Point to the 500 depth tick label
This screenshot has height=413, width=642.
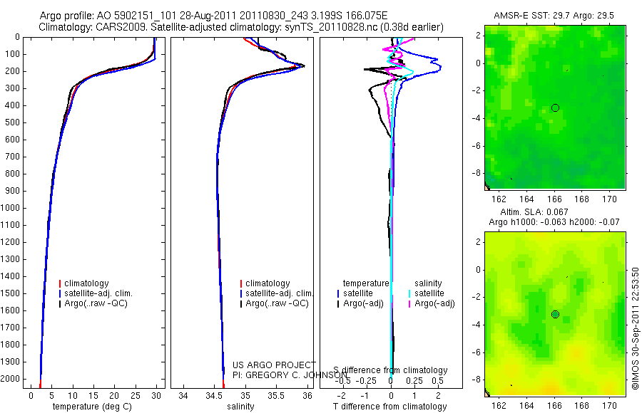(x=12, y=122)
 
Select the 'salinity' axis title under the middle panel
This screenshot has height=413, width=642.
(x=240, y=407)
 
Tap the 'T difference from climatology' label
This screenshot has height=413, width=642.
(x=389, y=407)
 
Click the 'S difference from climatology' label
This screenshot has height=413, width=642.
(x=390, y=370)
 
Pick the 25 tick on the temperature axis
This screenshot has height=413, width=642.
(x=135, y=395)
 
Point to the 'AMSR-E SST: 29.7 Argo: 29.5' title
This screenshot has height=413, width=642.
(x=555, y=16)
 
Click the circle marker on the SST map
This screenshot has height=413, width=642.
(x=555, y=108)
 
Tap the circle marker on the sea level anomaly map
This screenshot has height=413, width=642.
(x=555, y=314)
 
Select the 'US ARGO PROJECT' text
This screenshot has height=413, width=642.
(x=274, y=365)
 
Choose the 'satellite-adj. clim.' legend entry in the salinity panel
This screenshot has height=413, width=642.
(x=280, y=293)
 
